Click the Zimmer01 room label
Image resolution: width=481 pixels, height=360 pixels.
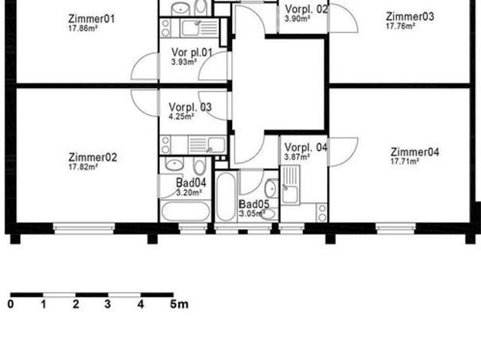tap(92, 19)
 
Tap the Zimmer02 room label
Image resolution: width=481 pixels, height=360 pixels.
tap(92, 157)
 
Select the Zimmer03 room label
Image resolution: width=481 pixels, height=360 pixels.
tap(410, 17)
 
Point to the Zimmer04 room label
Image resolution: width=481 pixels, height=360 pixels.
tap(415, 152)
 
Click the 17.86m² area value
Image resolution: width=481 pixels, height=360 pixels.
tap(83, 29)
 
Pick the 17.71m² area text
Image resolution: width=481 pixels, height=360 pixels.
tap(405, 162)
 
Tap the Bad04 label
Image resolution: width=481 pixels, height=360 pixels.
tap(191, 183)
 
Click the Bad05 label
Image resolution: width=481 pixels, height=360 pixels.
tap(254, 204)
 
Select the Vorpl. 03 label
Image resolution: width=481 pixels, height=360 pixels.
tap(190, 107)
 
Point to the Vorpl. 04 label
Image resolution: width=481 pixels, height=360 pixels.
tap(306, 147)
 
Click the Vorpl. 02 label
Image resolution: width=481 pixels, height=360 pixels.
tap(307, 9)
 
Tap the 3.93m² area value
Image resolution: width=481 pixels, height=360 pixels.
tap(184, 62)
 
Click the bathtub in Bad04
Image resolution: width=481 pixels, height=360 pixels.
tap(186, 211)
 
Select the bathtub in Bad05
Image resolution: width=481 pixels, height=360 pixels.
tap(226, 197)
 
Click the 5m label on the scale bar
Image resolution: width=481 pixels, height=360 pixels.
tap(179, 304)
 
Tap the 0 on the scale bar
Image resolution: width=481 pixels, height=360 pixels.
tap(11, 304)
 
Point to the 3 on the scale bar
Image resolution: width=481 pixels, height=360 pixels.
tap(107, 304)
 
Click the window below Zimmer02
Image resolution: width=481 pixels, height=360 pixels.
tap(83, 228)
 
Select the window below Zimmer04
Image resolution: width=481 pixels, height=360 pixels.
tap(396, 228)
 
